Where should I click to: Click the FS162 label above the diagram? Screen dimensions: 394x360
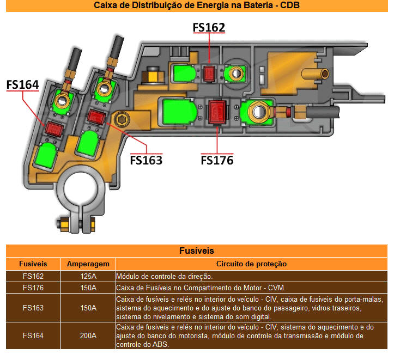pos(209,27)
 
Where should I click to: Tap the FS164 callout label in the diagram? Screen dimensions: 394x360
pos(22,84)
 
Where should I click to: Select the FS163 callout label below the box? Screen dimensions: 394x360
pos(146,160)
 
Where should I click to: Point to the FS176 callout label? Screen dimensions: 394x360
pos(217,160)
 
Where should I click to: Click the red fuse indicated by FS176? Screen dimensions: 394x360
pos(217,112)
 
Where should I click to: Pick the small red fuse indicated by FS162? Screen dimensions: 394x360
pos(209,74)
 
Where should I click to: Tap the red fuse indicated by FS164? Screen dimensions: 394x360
pos(54,129)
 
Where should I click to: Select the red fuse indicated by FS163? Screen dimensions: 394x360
pos(96,117)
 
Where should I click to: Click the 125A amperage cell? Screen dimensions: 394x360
pos(88,276)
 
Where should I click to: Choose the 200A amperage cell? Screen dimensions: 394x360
pos(88,335)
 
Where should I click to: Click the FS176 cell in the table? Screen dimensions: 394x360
pos(33,288)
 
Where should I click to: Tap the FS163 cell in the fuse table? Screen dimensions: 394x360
pos(33,308)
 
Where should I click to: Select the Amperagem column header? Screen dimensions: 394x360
pos(88,264)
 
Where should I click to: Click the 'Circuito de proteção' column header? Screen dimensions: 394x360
pos(252,264)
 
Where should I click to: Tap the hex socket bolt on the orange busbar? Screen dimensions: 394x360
pos(122,119)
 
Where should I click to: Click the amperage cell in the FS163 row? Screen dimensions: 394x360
pos(88,308)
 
